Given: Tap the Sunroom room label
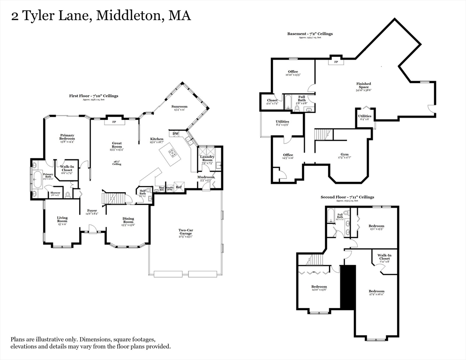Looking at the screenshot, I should (x=180, y=107).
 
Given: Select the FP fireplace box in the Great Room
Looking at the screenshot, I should (x=114, y=122).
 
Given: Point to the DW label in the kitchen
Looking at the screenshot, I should (x=176, y=134).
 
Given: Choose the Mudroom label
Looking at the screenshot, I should (x=206, y=177).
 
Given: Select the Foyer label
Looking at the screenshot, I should (x=92, y=211).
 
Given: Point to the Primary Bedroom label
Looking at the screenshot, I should (x=67, y=137).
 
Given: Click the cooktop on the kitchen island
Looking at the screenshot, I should (x=172, y=152).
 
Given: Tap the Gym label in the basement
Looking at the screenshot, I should (x=345, y=155).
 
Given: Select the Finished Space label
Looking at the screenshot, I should (x=363, y=86).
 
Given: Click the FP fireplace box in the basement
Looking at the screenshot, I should (x=336, y=62).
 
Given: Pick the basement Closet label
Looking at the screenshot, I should (x=272, y=100).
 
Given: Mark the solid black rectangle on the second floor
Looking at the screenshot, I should (x=347, y=287).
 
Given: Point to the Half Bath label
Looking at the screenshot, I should (x=143, y=192).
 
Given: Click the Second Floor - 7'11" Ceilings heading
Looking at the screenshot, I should (x=347, y=197).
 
